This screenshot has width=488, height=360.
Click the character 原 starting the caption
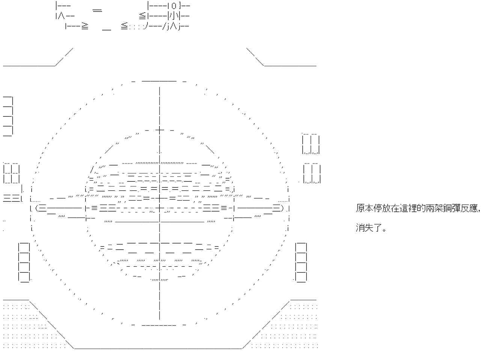pos(360,208)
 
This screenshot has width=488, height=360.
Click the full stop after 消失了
pos(384,230)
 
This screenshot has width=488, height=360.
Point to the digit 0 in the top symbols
pos(173,6)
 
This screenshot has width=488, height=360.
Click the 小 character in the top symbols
pos(173,16)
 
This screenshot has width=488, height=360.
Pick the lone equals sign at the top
pos(97,10)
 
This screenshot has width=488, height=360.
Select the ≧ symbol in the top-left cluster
pos(85,26)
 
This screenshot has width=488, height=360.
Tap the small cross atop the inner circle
pos(160,130)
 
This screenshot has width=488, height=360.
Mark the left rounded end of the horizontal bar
pos(37,208)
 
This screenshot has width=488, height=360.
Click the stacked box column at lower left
pos(24,262)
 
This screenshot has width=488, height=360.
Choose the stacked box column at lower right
pos(301,262)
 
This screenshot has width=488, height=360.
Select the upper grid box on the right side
pos(311,144)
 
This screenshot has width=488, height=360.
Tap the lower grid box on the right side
pos(312,174)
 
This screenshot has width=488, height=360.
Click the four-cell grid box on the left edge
pos(11,173)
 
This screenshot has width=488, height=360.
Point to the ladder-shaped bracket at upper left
pos(8,116)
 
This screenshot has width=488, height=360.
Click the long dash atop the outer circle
pos(159,81)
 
